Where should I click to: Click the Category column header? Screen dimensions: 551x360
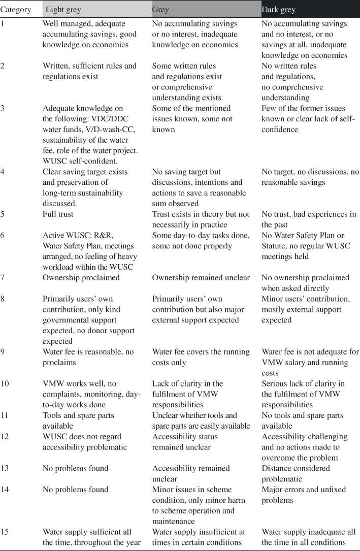click(x=16, y=10)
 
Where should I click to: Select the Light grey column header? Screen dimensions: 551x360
click(x=63, y=10)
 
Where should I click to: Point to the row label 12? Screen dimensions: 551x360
click(x=5, y=437)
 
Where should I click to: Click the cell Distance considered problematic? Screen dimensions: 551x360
click(x=296, y=473)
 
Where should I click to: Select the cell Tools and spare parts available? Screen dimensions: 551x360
click(x=79, y=420)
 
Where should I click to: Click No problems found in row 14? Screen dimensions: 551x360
click(x=76, y=490)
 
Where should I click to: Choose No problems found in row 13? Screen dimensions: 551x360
click(x=76, y=468)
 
